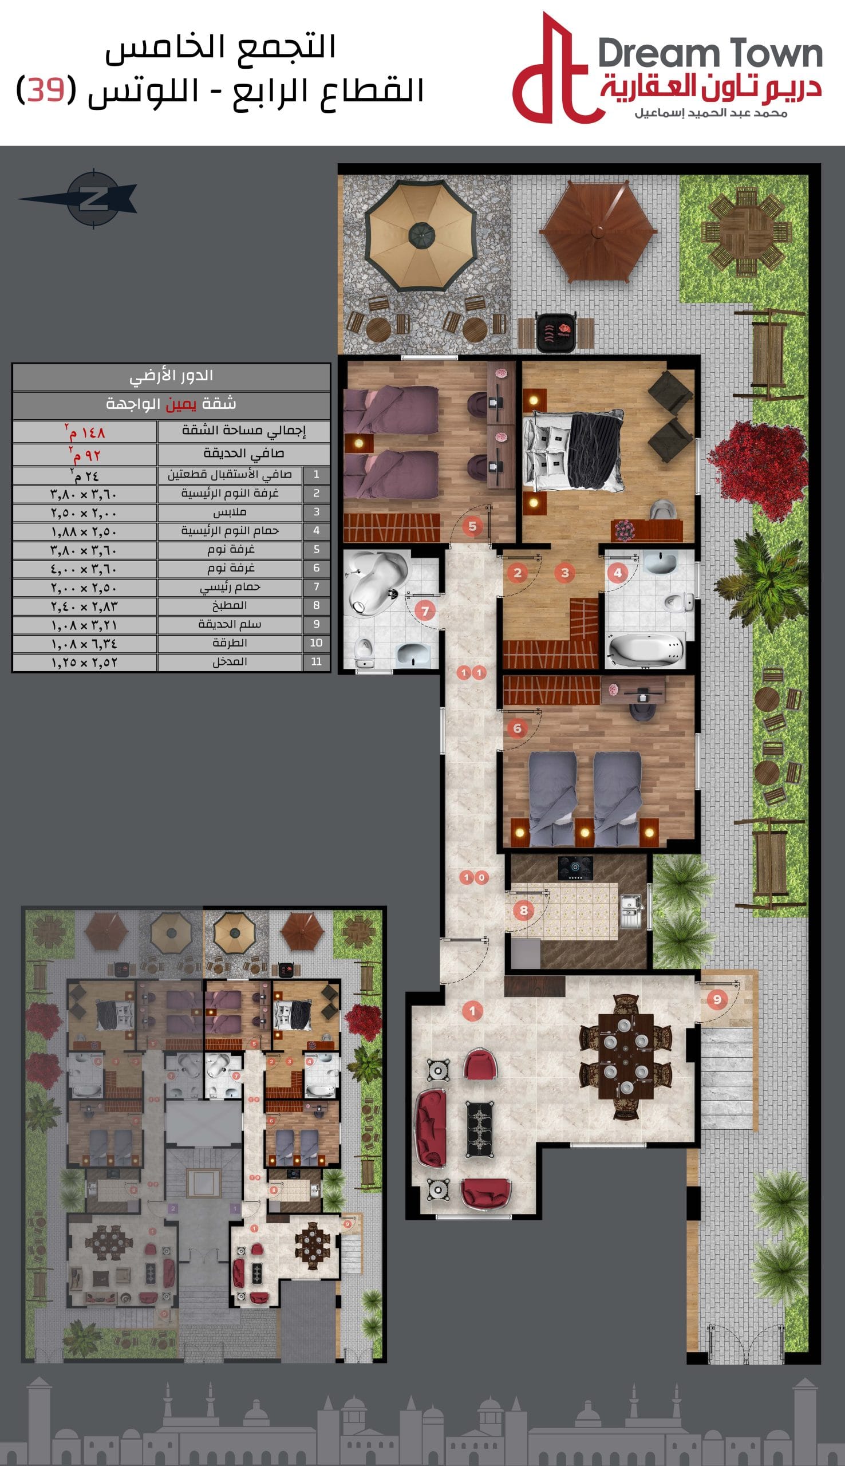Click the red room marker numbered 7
click(x=425, y=610)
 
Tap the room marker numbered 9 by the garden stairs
click(x=717, y=999)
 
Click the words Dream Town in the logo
click(x=710, y=53)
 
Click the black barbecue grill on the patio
click(x=555, y=332)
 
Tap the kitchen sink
click(x=631, y=910)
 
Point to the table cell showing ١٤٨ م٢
click(x=85, y=431)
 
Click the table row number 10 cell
click(x=316, y=643)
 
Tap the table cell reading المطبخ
click(x=230, y=605)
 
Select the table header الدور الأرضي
click(x=171, y=376)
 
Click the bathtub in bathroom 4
click(x=645, y=649)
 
